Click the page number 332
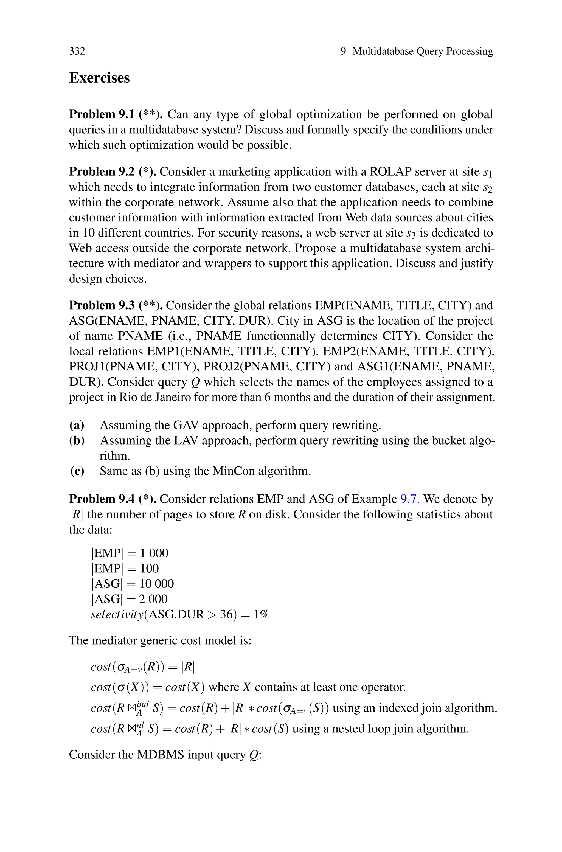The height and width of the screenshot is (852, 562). (x=77, y=51)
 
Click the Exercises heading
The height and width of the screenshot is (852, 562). (x=99, y=78)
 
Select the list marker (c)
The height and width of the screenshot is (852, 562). (x=77, y=471)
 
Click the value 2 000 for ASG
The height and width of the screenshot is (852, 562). (x=153, y=599)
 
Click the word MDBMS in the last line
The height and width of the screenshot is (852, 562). (x=160, y=755)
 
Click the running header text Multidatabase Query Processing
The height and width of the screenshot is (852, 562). (x=423, y=51)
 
